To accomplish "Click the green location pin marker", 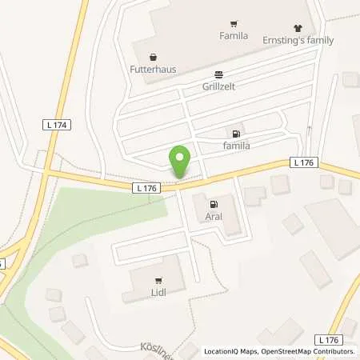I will (181, 162).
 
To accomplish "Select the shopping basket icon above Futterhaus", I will (153, 56).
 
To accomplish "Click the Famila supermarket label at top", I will (234, 36).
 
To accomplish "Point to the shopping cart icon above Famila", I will (234, 23).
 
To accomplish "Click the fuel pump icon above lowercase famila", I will (235, 134).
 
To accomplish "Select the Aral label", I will (214, 216).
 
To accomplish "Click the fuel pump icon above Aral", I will (213, 203).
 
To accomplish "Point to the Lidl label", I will (158, 293).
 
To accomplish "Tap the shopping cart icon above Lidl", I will (158, 280).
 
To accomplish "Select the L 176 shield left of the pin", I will (146, 187).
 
